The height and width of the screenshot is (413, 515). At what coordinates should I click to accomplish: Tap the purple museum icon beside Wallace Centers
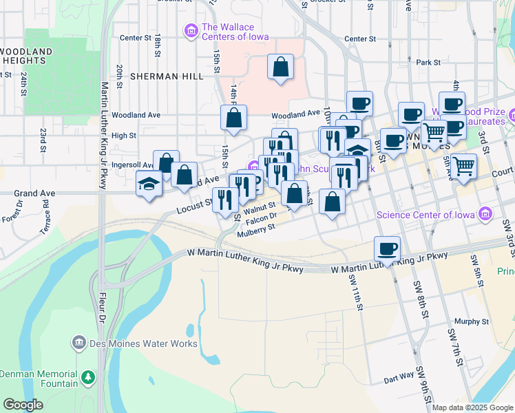pyautogui.click(x=189, y=31)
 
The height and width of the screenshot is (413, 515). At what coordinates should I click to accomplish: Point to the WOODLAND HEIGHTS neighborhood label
pyautogui.click(x=27, y=56)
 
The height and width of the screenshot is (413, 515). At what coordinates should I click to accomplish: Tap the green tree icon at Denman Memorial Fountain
pyautogui.click(x=87, y=377)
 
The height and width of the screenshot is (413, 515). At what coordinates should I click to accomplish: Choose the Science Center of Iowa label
pyautogui.click(x=427, y=215)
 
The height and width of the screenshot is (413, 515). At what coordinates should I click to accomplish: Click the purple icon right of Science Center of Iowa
pyautogui.click(x=487, y=214)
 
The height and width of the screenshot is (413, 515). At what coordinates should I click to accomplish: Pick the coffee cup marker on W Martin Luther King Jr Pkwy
pyautogui.click(x=387, y=248)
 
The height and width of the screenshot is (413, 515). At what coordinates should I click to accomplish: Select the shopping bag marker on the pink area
pyautogui.click(x=280, y=67)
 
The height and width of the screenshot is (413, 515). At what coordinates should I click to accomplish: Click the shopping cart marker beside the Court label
pyautogui.click(x=464, y=165)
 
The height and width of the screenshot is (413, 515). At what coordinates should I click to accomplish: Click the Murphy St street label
pyautogui.click(x=472, y=321)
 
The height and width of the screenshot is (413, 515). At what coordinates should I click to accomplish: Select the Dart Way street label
pyautogui.click(x=399, y=377)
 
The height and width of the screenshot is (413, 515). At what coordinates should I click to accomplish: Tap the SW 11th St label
pyautogui.click(x=355, y=292)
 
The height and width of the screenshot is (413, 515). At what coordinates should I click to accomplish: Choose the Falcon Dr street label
pyautogui.click(x=261, y=218)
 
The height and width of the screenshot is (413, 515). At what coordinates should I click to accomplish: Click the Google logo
pyautogui.click(x=23, y=405)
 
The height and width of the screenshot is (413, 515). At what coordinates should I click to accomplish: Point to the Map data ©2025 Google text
pyautogui.click(x=472, y=407)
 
